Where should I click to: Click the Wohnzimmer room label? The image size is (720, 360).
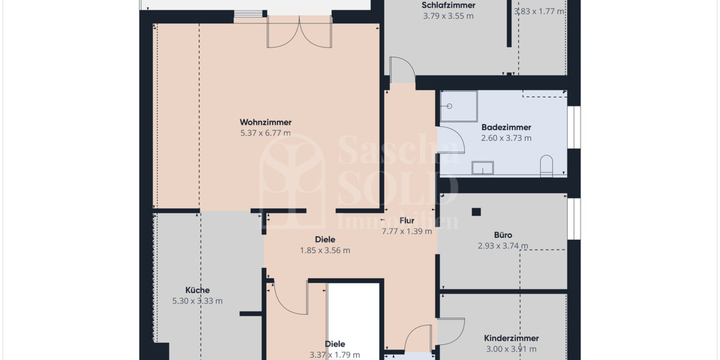[265, 122]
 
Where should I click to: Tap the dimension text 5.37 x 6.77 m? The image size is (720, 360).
[265, 133]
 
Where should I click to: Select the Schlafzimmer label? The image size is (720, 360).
[448, 5]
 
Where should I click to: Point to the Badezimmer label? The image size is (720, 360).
[506, 127]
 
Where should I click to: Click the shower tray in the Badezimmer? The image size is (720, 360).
[459, 106]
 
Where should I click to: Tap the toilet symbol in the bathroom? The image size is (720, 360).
[545, 166]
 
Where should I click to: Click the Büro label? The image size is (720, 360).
[503, 235]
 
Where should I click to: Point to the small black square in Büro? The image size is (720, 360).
[476, 211]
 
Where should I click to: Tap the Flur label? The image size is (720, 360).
[407, 220]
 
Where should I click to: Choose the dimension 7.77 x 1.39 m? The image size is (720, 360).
[407, 231]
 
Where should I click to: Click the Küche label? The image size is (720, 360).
[197, 290]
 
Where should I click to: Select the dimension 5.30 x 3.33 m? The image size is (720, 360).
[197, 301]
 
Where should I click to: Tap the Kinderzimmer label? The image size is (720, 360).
[511, 338]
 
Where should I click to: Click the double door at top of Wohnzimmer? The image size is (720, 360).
[299, 33]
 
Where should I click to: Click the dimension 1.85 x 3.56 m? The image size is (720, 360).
[325, 250]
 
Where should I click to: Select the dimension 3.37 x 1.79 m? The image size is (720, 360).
[334, 355]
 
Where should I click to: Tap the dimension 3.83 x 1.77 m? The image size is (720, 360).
[539, 11]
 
